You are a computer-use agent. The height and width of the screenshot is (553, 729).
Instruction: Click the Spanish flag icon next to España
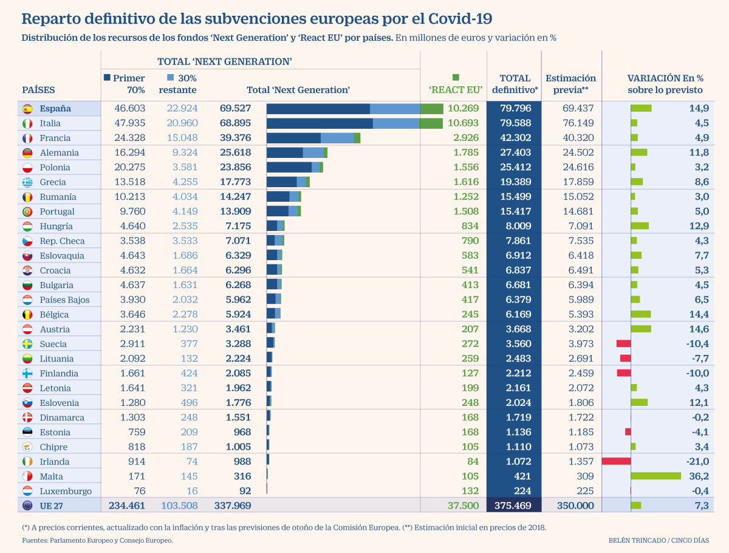pos(27,109)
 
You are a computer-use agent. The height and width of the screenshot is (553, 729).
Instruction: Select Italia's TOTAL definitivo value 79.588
pos(515,123)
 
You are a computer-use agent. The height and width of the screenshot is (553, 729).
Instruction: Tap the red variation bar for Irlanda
pos(616,461)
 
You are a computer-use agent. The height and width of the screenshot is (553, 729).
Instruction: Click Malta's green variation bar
pos(655,476)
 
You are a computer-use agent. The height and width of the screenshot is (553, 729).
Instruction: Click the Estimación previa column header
pos(570,84)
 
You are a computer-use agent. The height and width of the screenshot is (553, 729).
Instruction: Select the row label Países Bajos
pos(64,300)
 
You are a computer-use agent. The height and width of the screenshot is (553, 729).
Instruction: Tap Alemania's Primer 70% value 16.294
pos(129,153)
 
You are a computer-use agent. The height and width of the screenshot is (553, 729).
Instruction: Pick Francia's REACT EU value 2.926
pos(465,138)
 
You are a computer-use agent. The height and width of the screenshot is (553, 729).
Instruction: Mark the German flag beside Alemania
pos(27,153)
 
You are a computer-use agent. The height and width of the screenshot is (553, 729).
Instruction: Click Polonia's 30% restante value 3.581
pos(182,167)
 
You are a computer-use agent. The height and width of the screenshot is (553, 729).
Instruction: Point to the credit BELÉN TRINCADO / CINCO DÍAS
pos(658,540)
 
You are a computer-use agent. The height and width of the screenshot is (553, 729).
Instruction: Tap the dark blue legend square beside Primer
pos(108,78)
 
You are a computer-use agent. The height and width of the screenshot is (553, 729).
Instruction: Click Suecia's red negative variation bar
pos(623,343)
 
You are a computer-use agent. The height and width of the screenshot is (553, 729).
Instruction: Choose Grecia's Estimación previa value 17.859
pos(570,182)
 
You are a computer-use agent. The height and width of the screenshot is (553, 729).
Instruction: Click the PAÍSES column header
pos(38,90)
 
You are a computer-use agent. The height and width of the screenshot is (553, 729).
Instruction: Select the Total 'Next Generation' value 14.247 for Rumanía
pos(235,196)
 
